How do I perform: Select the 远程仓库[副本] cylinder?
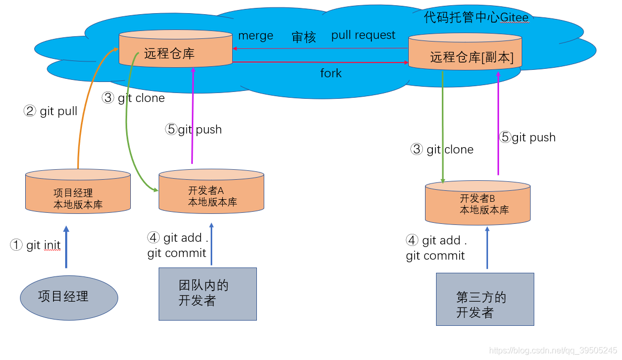coord(465,52)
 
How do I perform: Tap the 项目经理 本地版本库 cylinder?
coord(78,192)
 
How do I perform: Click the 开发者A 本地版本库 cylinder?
coord(211,191)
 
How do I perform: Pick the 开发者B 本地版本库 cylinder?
coord(478,203)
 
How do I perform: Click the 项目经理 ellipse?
coord(69,297)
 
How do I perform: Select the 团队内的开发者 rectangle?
coord(208,294)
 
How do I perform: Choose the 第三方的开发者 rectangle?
coord(484,299)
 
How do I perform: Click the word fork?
coord(331,73)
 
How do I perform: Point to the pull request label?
coord(363,35)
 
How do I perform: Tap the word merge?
coord(256,36)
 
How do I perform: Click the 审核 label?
coord(304,37)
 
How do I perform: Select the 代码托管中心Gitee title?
coord(476,18)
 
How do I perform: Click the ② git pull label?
coord(50,111)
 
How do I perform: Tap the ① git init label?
coord(35,245)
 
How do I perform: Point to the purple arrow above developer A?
coord(192,116)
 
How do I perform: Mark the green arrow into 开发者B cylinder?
coord(443,126)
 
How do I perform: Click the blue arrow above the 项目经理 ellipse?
coord(66,247)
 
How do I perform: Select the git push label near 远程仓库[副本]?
coord(527,138)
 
